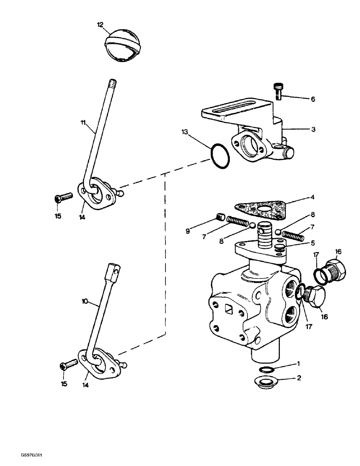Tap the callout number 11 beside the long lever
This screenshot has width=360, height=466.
[83, 123]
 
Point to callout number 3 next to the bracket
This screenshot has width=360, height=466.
[313, 130]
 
